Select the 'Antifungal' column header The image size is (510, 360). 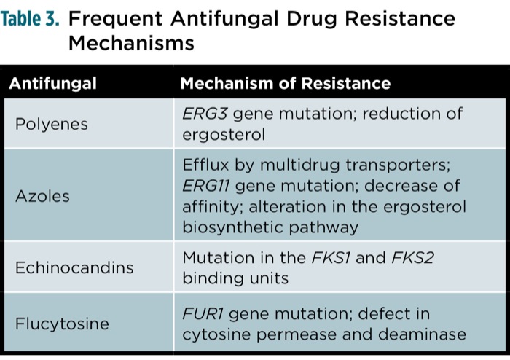pyautogui.click(x=52, y=83)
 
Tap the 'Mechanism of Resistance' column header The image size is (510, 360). pyautogui.click(x=285, y=83)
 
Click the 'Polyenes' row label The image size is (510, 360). pyautogui.click(x=52, y=124)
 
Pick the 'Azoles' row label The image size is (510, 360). pyautogui.click(x=43, y=195)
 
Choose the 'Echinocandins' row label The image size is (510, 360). pyautogui.click(x=74, y=267)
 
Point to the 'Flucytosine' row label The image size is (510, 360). pyautogui.click(x=63, y=324)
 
